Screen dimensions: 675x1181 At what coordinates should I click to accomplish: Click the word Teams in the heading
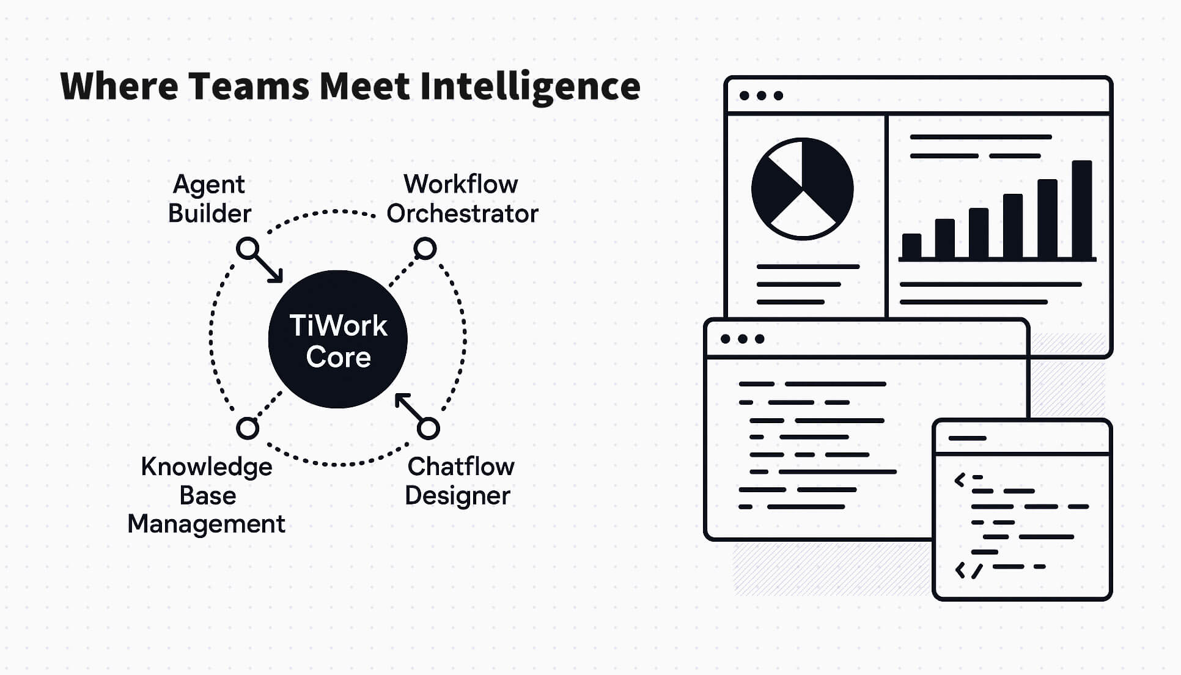[x=248, y=86]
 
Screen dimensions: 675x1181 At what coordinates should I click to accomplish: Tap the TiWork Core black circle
[x=338, y=339]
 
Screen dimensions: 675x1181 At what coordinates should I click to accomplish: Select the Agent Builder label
[x=209, y=199]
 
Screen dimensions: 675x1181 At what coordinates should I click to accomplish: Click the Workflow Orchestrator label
[x=462, y=199]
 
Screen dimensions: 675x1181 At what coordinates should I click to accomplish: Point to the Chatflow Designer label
[x=459, y=481]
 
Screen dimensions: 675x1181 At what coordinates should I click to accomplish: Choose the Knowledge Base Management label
[x=207, y=495]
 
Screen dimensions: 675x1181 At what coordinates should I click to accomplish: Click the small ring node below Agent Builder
[x=248, y=249]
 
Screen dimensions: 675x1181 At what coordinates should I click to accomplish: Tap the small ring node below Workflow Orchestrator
[x=425, y=249]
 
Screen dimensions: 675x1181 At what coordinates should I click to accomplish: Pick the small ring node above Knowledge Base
[x=248, y=429]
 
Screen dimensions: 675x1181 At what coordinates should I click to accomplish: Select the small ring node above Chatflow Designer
[x=428, y=429]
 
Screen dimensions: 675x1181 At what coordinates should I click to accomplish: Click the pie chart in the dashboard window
[x=802, y=188]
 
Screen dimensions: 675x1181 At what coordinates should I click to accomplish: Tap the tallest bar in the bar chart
[x=1081, y=210]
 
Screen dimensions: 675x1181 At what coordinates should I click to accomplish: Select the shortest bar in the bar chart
[x=911, y=246]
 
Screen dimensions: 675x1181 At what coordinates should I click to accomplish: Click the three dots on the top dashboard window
[x=761, y=95]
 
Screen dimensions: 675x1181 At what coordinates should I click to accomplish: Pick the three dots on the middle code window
[x=742, y=339]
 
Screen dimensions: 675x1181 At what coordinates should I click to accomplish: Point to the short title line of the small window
[x=967, y=438]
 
